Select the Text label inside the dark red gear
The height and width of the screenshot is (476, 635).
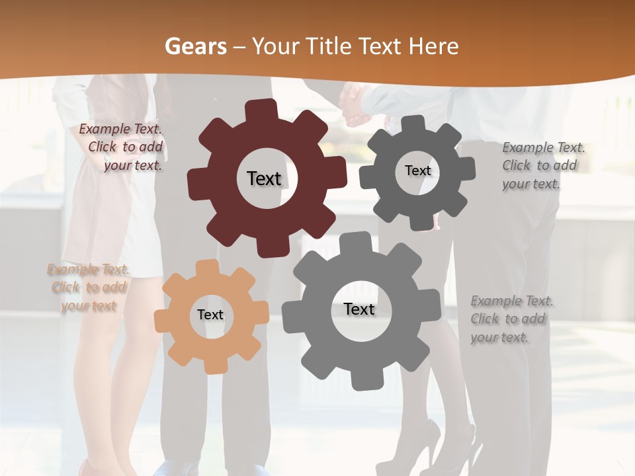(x=264, y=178)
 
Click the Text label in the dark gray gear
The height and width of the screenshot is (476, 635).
(x=417, y=171)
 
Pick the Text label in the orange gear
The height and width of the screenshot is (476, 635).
(x=210, y=315)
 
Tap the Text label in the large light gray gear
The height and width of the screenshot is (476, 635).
(x=359, y=309)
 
